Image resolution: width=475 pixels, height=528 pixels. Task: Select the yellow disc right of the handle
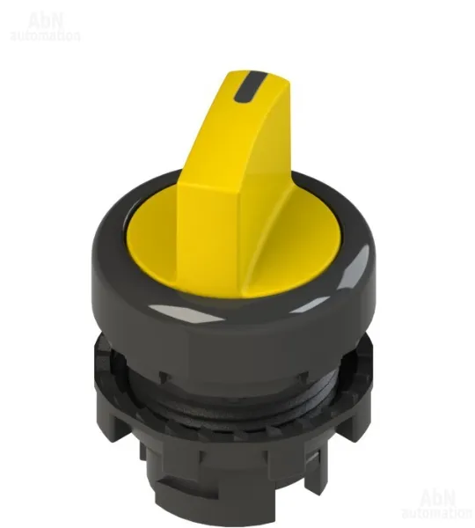[x=296, y=249]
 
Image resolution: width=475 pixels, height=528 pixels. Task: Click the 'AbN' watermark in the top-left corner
[x=46, y=21]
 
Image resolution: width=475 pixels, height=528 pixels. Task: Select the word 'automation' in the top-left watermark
[x=45, y=35]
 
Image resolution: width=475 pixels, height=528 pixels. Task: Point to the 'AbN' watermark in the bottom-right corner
[x=438, y=497]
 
